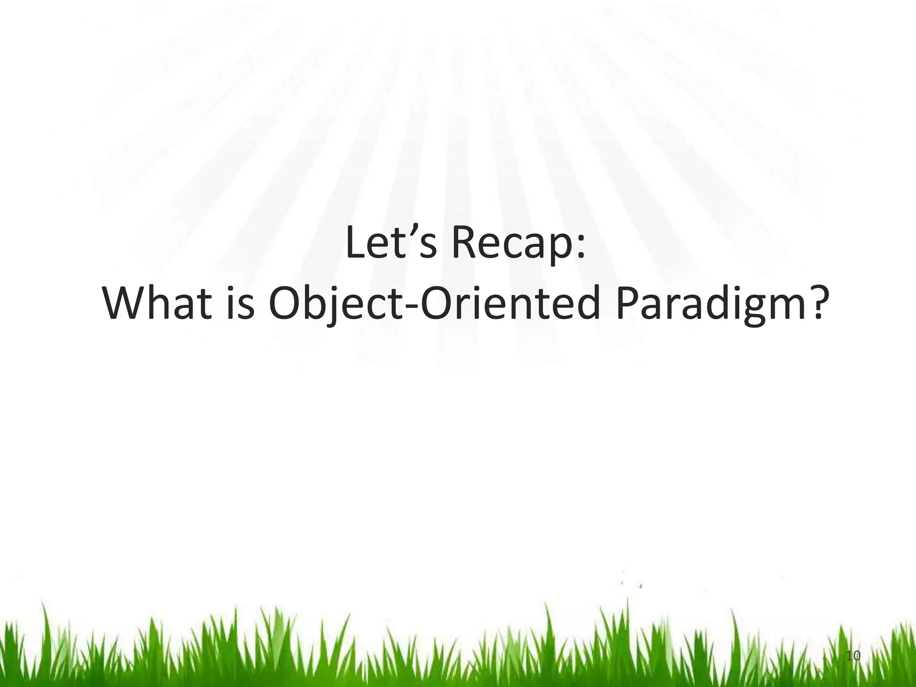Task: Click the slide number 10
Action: [x=853, y=656]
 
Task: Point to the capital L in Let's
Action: [x=356, y=244]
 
